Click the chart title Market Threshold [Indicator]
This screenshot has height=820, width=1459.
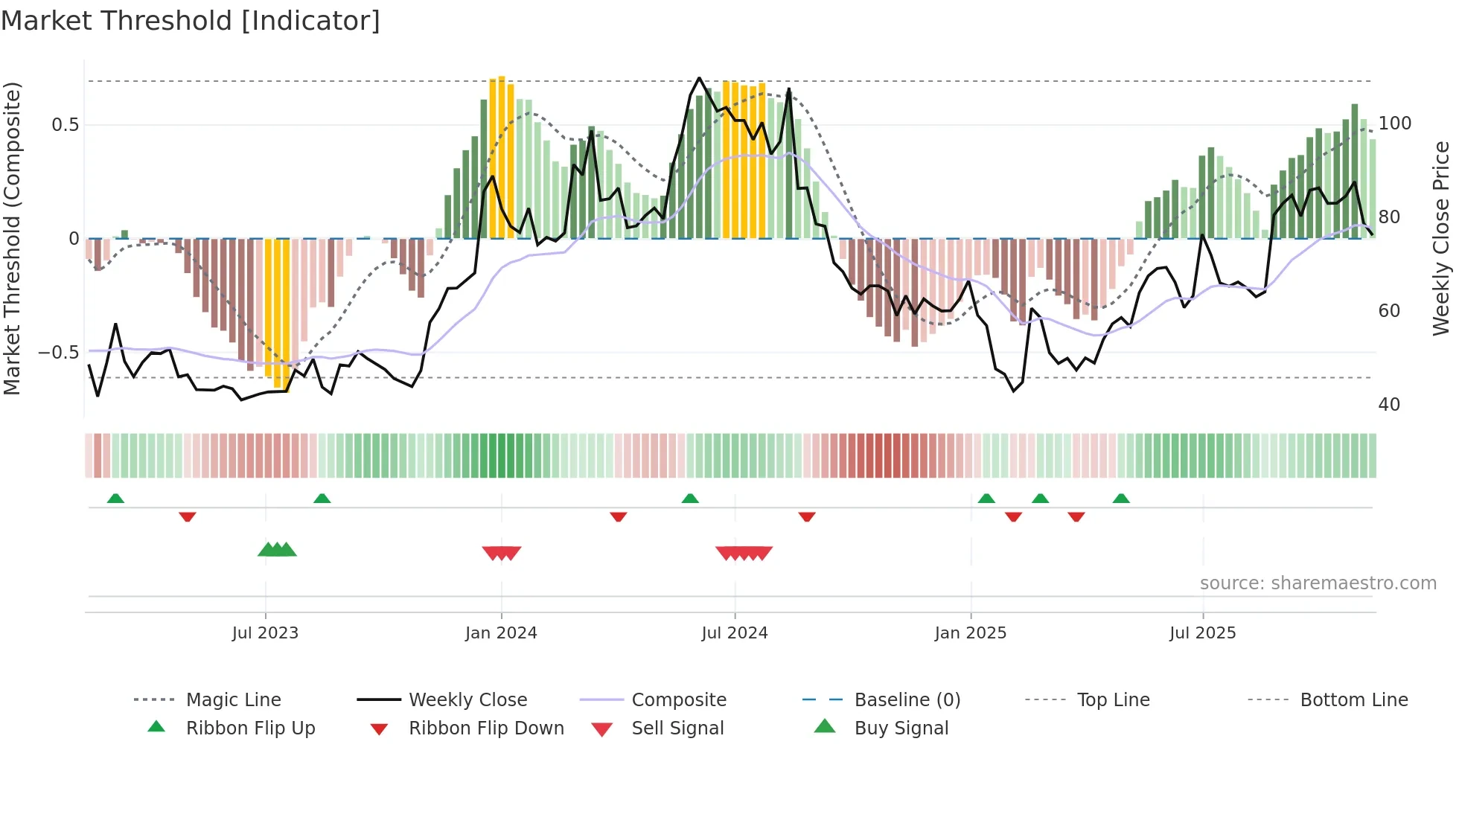191,21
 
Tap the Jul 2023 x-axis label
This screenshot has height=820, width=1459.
265,633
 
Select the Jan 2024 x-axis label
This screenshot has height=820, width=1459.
501,633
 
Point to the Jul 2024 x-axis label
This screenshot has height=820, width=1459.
735,633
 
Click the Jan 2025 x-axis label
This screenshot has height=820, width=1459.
971,633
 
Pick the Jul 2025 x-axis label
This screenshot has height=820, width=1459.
1203,633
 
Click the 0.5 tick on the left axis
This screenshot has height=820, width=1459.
66,125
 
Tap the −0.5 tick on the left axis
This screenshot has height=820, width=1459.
59,353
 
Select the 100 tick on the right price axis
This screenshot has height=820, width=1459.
1394,124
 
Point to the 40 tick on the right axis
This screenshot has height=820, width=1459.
1389,405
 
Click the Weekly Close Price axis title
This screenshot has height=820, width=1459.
1441,238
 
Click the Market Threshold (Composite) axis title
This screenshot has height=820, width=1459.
13,238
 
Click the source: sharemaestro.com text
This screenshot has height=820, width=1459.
1318,583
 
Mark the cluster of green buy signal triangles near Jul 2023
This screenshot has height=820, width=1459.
277,550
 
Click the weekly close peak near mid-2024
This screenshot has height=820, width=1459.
699,78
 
